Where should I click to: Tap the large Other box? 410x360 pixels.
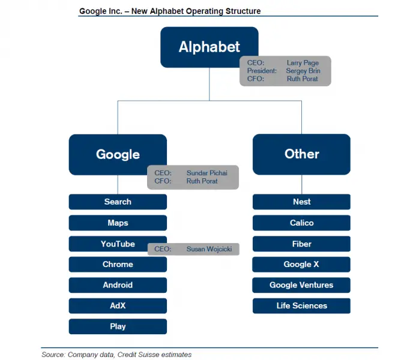(x=301, y=154)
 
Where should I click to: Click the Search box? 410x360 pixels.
(x=118, y=202)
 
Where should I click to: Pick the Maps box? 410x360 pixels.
(x=118, y=223)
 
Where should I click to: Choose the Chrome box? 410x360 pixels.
(x=118, y=265)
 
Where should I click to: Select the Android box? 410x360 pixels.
(x=118, y=285)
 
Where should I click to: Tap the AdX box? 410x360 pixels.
(x=118, y=305)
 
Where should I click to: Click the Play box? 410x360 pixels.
(x=118, y=326)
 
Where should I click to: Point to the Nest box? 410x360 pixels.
(x=301, y=202)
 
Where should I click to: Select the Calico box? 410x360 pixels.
(x=301, y=223)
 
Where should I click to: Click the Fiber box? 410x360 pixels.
(x=301, y=244)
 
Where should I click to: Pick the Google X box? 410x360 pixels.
(x=301, y=265)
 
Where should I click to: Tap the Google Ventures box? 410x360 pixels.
(x=301, y=285)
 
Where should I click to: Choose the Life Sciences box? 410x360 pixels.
(x=301, y=305)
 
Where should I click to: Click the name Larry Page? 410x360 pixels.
(x=303, y=63)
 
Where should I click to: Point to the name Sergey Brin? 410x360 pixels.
(x=303, y=71)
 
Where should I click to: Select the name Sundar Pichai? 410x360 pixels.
(x=207, y=173)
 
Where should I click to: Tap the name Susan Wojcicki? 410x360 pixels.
(x=209, y=249)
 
